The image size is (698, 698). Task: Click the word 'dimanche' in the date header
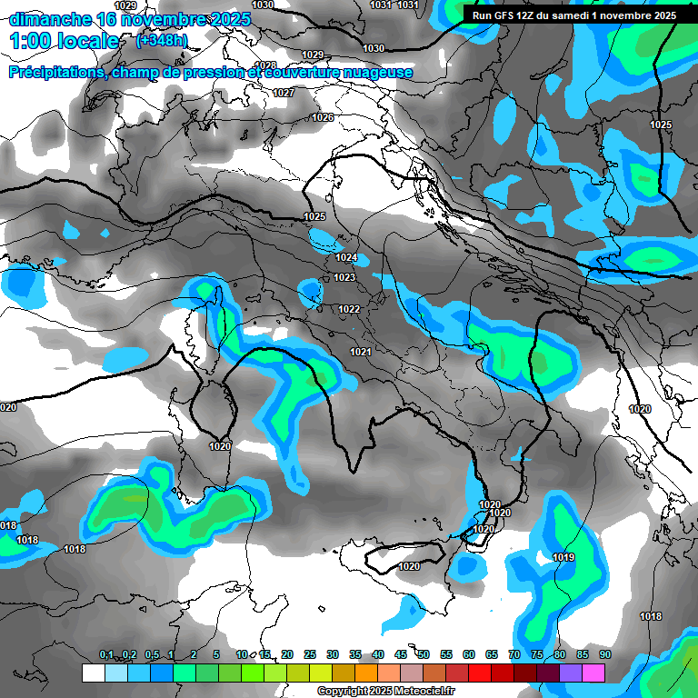point(49,19)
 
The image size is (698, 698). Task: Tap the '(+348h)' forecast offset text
point(162,41)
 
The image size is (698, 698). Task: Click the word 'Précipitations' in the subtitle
point(56,73)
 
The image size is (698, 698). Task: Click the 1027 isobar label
point(284,93)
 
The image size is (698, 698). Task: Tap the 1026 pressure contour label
point(323,118)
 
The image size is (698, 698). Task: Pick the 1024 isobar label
point(346,258)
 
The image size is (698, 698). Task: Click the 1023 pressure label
point(344,277)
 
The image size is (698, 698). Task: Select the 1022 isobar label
point(350,309)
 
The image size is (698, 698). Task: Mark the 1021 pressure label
point(361,352)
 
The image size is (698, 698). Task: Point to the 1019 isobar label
point(563,557)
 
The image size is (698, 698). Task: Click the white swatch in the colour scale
point(93,673)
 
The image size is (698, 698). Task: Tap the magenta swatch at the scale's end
point(593,673)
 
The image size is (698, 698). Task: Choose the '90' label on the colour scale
point(604,654)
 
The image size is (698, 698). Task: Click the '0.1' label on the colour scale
point(106,654)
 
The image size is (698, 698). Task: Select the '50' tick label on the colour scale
point(424,654)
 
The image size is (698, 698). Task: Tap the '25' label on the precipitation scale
point(310,654)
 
